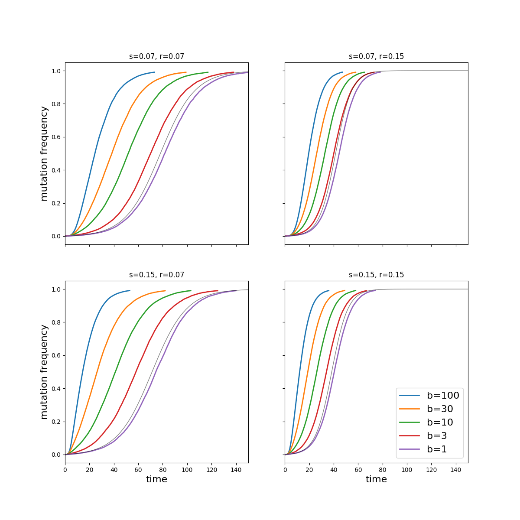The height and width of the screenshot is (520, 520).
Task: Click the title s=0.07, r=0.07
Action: pos(156,56)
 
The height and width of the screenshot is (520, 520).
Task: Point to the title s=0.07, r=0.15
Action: pos(376,56)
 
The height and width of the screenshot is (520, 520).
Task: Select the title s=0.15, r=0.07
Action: pos(156,275)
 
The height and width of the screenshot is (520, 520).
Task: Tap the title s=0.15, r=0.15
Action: pos(376,275)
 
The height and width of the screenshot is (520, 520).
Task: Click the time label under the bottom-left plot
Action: pos(156,479)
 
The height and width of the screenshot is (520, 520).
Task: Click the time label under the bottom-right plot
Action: pos(376,479)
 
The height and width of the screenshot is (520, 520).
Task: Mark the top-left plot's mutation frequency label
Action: pos(44,153)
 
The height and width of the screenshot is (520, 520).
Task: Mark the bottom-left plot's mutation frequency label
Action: pos(44,372)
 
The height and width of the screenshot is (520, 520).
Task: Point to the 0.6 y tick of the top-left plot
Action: pos(56,137)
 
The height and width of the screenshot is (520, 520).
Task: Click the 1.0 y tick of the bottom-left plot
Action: pos(56,289)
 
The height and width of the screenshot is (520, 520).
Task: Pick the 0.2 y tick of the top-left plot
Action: pos(56,203)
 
